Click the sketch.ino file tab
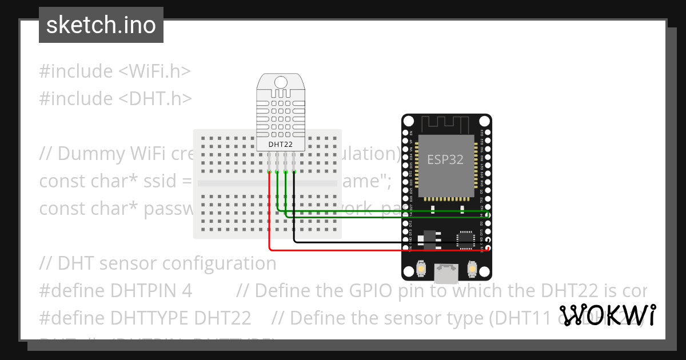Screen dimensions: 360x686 [101, 25]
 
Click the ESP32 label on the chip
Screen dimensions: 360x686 [445, 159]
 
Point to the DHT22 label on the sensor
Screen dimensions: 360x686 [280, 145]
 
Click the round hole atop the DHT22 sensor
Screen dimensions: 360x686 [280, 82]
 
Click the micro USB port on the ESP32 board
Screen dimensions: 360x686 [445, 273]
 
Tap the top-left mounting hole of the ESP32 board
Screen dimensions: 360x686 [408, 121]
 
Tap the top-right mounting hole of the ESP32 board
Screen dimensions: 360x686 [484, 121]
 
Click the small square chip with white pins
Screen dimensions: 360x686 [464, 240]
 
